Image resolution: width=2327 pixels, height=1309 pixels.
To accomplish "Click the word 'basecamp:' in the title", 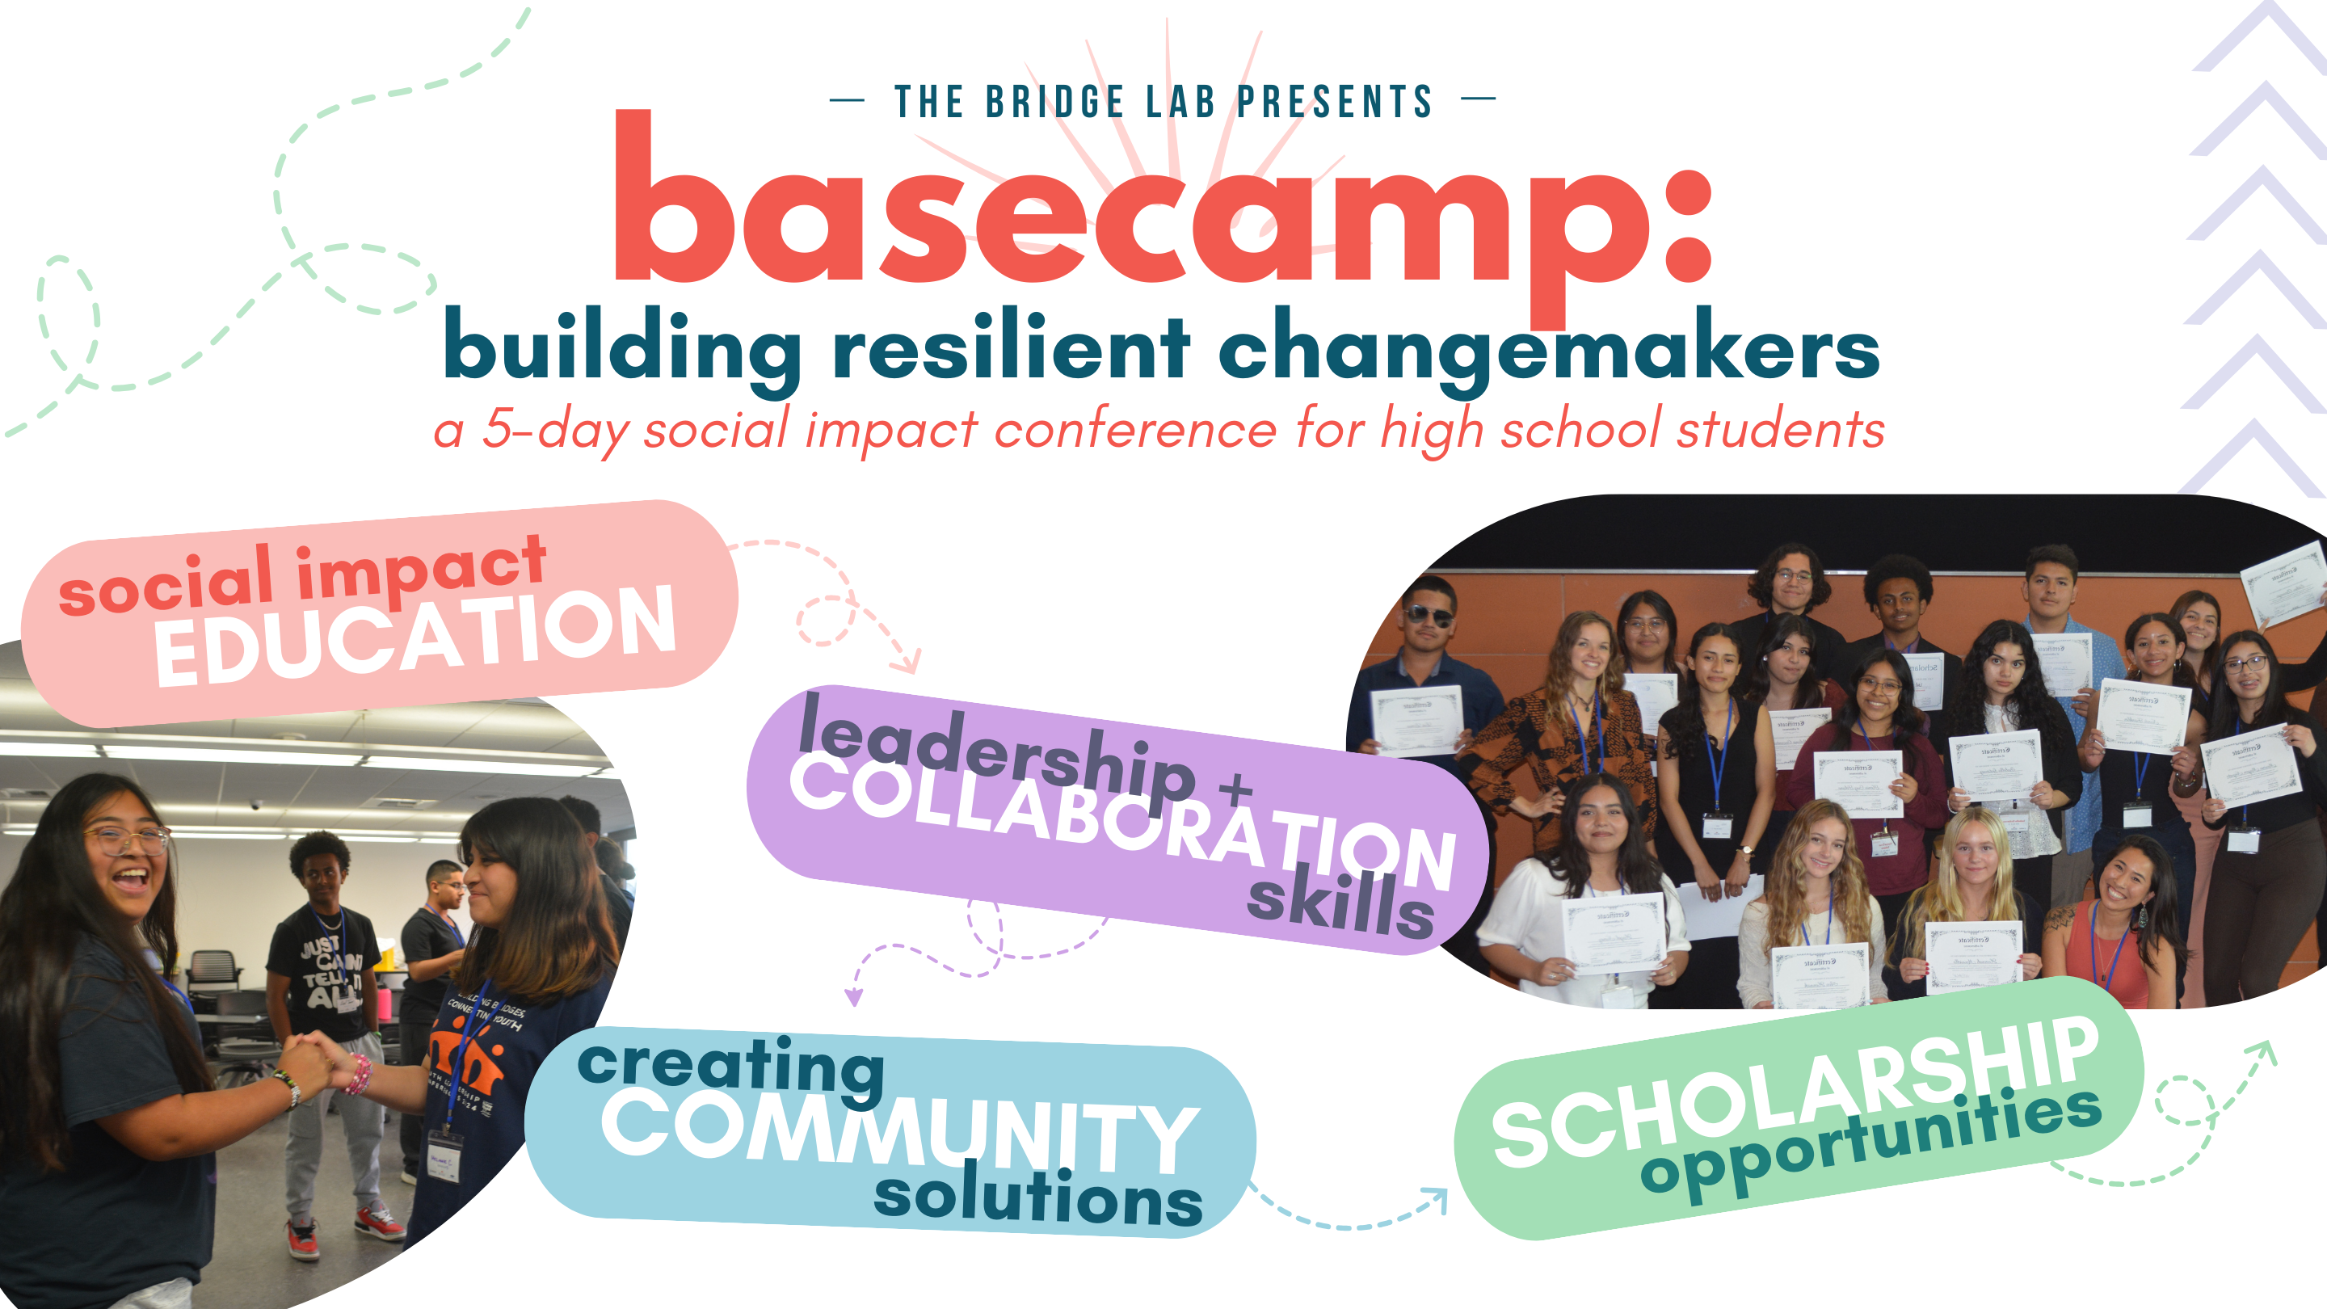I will [1161, 213].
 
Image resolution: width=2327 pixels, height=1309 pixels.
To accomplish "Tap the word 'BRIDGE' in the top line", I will [1054, 101].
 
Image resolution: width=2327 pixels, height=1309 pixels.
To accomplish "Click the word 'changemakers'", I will [1548, 351].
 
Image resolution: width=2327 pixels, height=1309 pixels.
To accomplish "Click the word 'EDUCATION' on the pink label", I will [414, 636].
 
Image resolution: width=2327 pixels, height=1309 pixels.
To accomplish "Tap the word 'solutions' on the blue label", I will [1038, 1197].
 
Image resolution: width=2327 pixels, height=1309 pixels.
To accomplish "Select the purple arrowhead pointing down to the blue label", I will [852, 996].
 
